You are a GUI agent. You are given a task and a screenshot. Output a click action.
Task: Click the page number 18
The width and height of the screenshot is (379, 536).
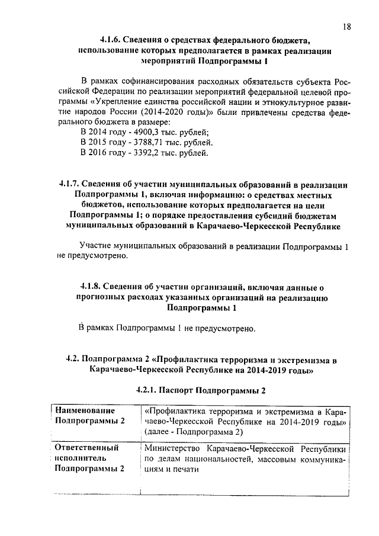(347, 26)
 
